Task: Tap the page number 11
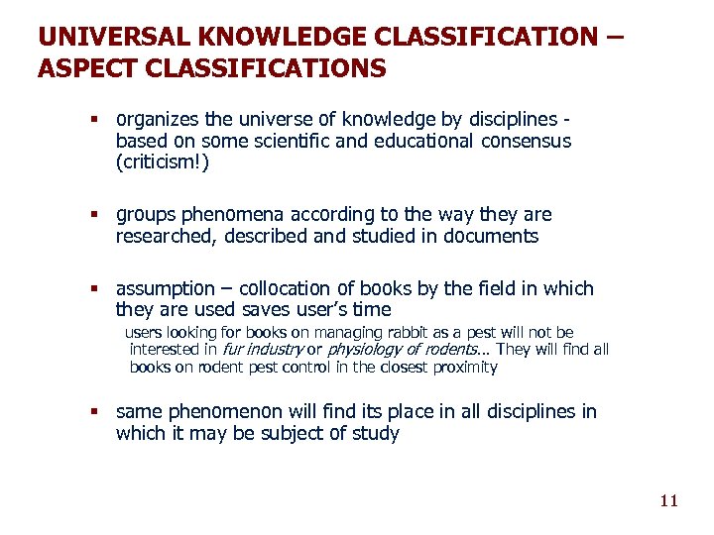[x=668, y=500]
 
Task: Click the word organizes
[x=160, y=120]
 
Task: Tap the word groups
[x=145, y=215]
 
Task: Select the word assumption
[x=165, y=289]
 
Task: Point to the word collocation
[x=280, y=289]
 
